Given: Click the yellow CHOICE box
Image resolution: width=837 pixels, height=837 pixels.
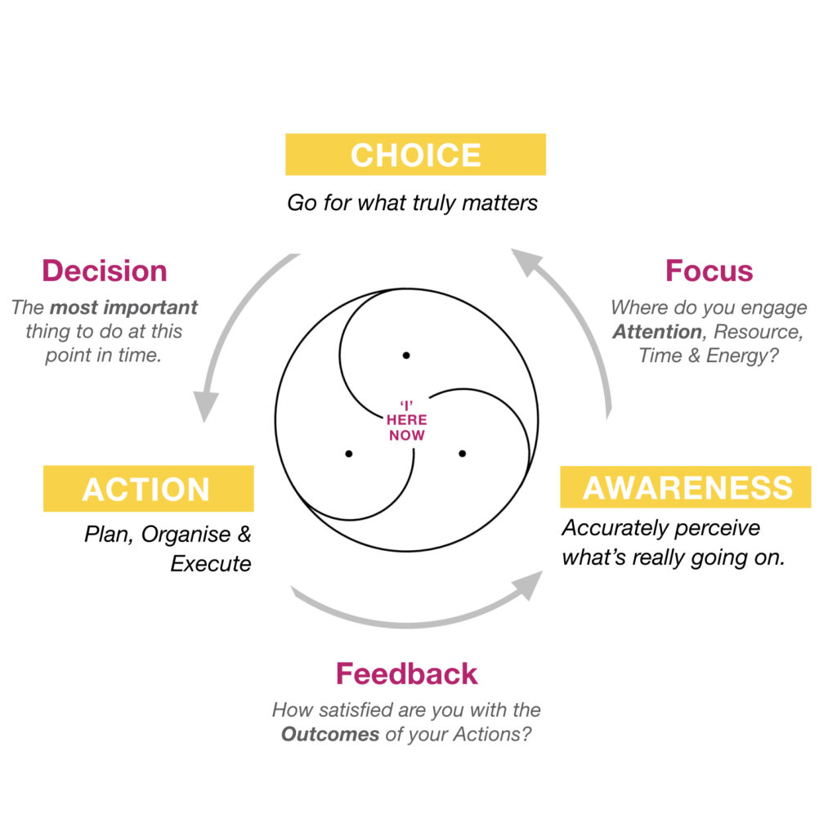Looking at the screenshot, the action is pyautogui.click(x=415, y=154).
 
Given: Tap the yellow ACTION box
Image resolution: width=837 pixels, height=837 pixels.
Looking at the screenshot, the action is pyautogui.click(x=149, y=489).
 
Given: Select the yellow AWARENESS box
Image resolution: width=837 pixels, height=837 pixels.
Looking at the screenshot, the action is pyautogui.click(x=686, y=487).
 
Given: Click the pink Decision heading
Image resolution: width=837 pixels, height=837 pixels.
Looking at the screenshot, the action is pyautogui.click(x=105, y=271).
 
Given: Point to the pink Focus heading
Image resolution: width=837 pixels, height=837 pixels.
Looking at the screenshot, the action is pyautogui.click(x=709, y=271).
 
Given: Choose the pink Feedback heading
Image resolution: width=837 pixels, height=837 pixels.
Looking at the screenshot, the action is pyautogui.click(x=407, y=674).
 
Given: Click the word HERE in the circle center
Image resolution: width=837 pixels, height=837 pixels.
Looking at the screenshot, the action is pyautogui.click(x=407, y=419).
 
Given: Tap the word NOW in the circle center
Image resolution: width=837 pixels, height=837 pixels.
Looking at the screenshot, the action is pyautogui.click(x=407, y=435).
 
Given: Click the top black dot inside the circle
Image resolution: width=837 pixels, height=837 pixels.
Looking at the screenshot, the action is pyautogui.click(x=406, y=355).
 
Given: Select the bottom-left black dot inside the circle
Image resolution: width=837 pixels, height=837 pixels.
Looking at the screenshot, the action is pyautogui.click(x=348, y=454).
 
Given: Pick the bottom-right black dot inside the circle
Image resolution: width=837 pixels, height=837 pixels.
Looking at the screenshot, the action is pyautogui.click(x=463, y=453).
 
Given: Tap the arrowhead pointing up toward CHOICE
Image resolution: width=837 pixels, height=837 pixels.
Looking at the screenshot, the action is pyautogui.click(x=526, y=262).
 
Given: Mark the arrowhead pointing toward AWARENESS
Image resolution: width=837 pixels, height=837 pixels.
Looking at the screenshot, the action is pyautogui.click(x=527, y=585).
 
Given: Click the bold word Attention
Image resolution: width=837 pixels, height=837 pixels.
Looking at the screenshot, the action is pyautogui.click(x=657, y=332).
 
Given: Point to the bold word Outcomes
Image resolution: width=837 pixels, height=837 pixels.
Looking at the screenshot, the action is pyautogui.click(x=330, y=734).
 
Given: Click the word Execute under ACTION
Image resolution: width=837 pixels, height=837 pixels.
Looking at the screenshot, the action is pyautogui.click(x=210, y=564).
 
